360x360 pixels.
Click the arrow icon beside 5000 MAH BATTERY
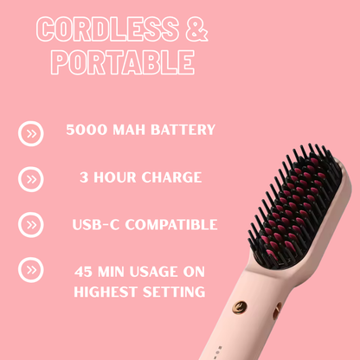point(31,133)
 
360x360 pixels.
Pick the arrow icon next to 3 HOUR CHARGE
point(31,179)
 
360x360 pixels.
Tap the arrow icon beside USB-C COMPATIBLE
point(31,225)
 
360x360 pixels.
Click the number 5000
point(87,131)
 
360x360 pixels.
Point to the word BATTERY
point(180,131)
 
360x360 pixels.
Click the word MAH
point(128,131)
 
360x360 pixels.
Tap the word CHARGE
point(172,177)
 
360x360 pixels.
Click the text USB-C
point(95,224)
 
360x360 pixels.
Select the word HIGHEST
point(106,292)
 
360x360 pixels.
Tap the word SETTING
point(175,292)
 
